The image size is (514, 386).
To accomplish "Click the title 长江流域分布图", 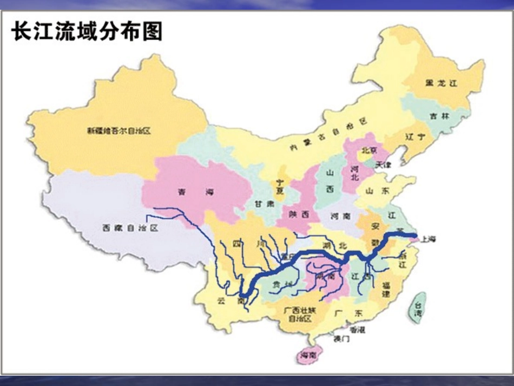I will click(x=87, y=31).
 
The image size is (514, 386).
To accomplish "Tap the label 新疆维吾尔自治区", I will click(x=118, y=130).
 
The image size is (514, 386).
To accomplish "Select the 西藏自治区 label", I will click(x=130, y=228).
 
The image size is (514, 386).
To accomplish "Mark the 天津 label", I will click(x=383, y=163).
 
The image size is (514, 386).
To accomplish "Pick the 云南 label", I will click(x=224, y=299).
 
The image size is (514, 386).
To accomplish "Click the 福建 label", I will click(x=385, y=289).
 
